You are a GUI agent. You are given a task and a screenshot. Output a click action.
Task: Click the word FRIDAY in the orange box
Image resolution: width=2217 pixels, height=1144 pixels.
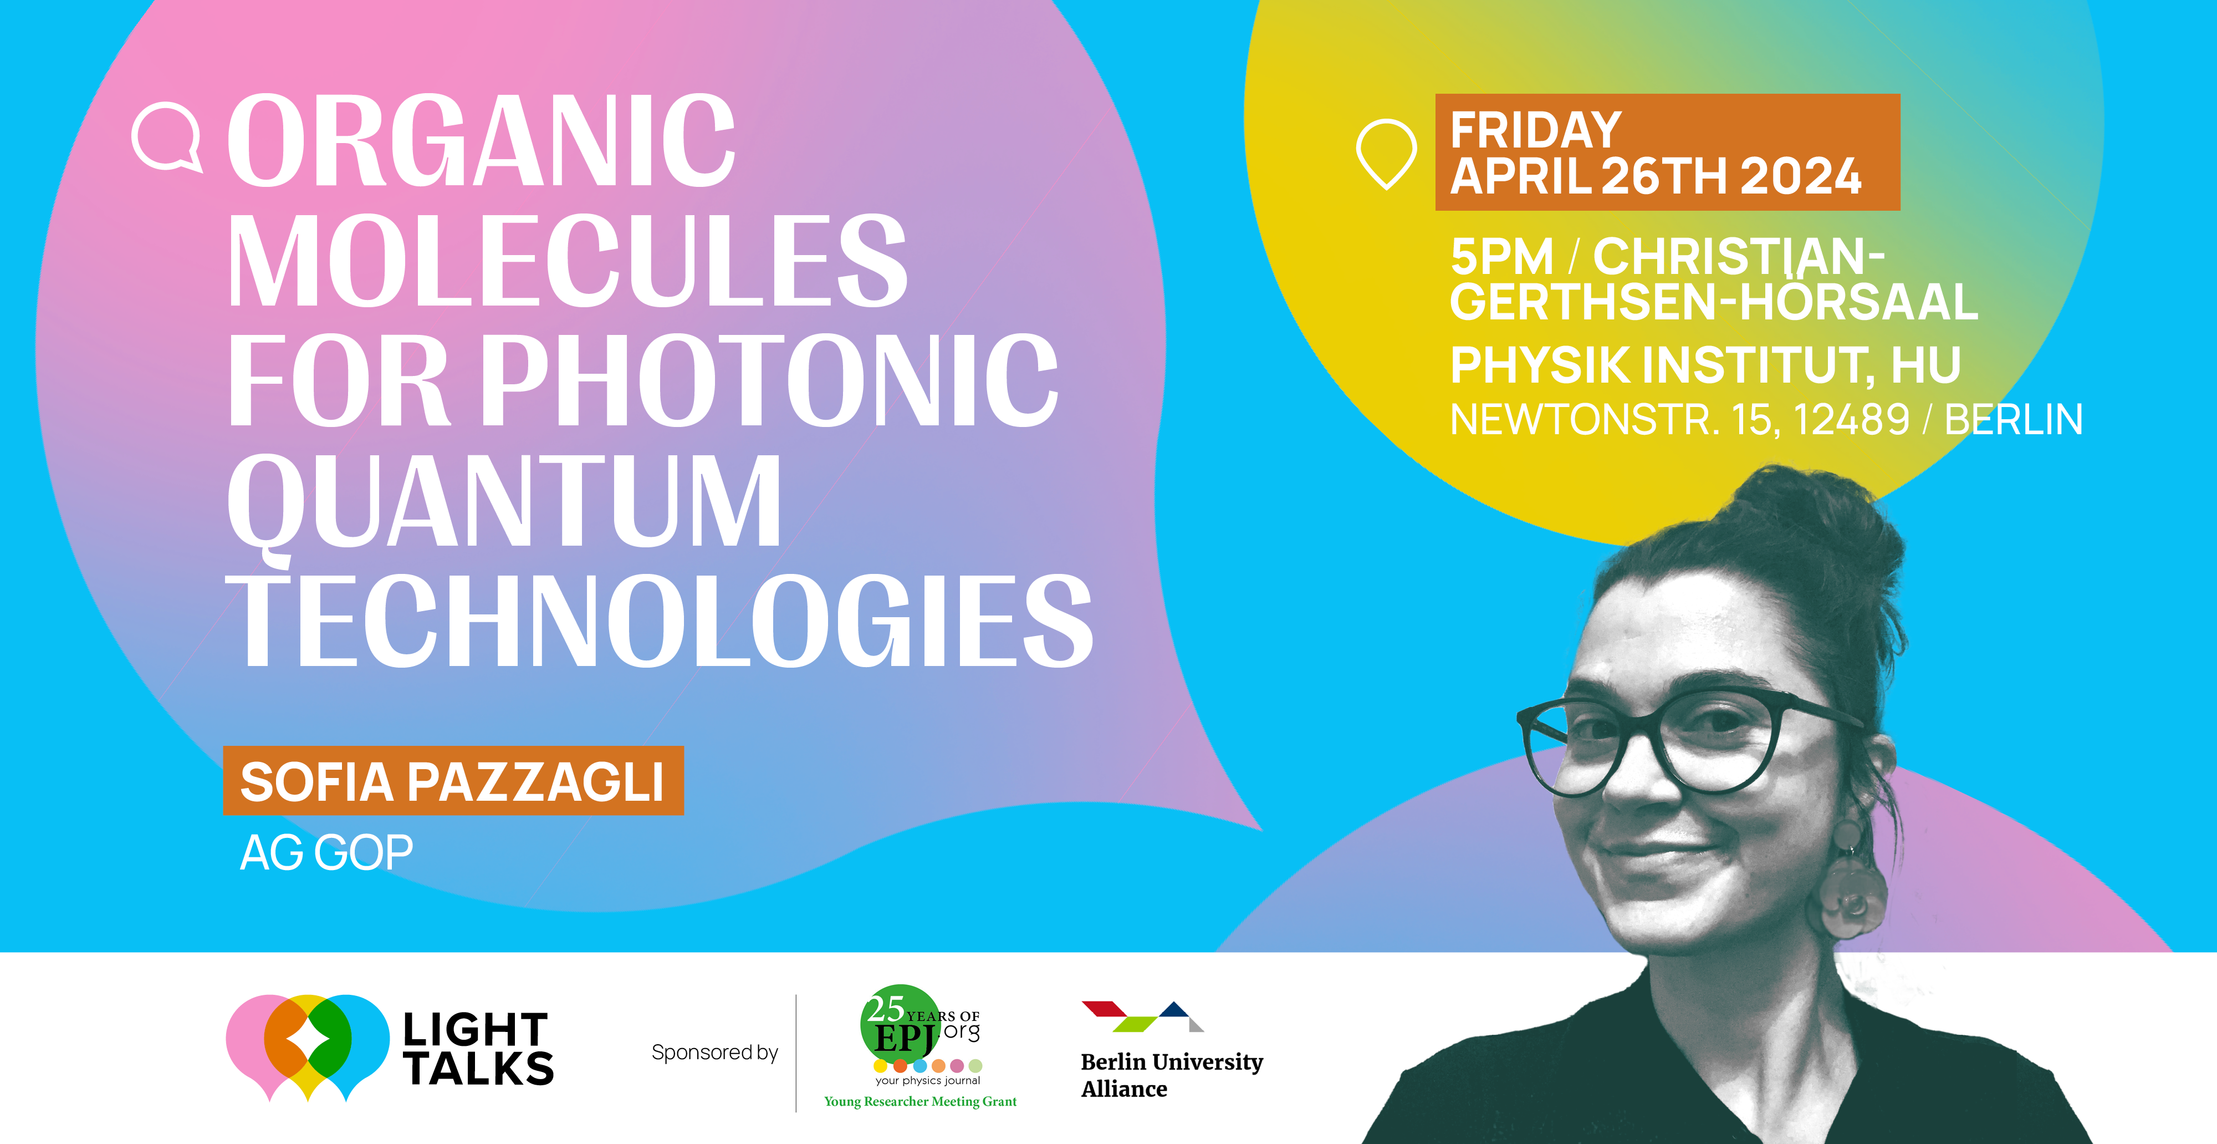pyautogui.click(x=1535, y=130)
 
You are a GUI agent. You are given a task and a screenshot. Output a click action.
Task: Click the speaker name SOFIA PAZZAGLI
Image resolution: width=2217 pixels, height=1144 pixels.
pyautogui.click(x=452, y=781)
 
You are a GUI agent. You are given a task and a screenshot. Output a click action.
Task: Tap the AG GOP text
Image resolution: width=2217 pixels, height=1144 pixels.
pyautogui.click(x=326, y=853)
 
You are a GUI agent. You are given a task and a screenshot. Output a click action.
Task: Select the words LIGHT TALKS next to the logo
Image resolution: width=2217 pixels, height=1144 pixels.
pyautogui.click(x=478, y=1049)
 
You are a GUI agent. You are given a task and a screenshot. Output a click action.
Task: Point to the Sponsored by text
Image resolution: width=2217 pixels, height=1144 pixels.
pyautogui.click(x=714, y=1052)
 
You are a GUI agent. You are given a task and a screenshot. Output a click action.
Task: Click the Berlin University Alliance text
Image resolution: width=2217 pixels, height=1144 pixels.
pyautogui.click(x=1171, y=1075)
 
